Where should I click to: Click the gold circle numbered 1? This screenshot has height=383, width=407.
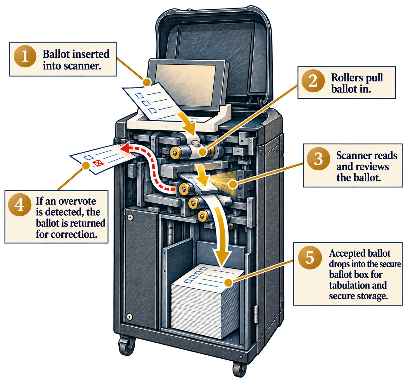pyautogui.click(x=25, y=56)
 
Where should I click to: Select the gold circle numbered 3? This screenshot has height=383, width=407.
pyautogui.click(x=318, y=158)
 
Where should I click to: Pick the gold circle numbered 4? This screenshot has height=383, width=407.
pyautogui.click(x=20, y=205)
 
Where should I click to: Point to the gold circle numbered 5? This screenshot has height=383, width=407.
pyautogui.click(x=309, y=258)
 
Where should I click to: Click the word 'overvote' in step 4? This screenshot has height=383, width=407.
pyautogui.click(x=77, y=201)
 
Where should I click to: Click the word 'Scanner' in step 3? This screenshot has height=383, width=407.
pyautogui.click(x=352, y=156)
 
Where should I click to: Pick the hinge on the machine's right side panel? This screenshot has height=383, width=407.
pyautogui.click(x=256, y=314)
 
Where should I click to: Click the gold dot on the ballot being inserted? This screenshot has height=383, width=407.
pyautogui.click(x=147, y=82)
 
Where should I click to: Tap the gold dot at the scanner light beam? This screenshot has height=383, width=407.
pyautogui.click(x=232, y=185)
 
